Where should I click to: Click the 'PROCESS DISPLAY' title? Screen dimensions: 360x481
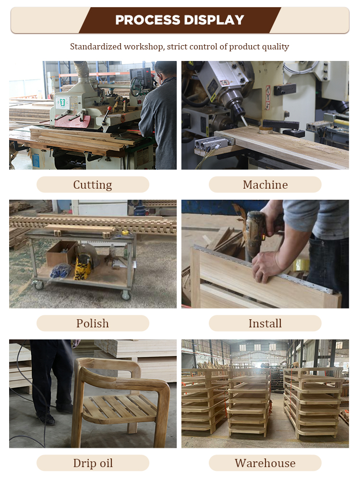coord(180,20)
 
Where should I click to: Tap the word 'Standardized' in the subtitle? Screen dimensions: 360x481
coord(96,47)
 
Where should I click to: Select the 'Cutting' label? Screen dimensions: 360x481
coord(93,185)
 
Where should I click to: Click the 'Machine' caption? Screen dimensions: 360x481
coord(265,185)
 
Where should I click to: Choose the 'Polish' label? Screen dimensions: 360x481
coord(93,324)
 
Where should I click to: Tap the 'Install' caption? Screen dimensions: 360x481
coord(265,324)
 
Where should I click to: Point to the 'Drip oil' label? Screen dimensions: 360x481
coord(93,463)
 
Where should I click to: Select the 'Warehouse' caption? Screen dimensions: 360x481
coord(265,463)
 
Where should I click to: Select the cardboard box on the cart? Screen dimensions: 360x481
coord(61,253)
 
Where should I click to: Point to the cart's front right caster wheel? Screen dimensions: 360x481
coord(126,295)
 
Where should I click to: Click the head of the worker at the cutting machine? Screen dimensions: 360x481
coord(165,72)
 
